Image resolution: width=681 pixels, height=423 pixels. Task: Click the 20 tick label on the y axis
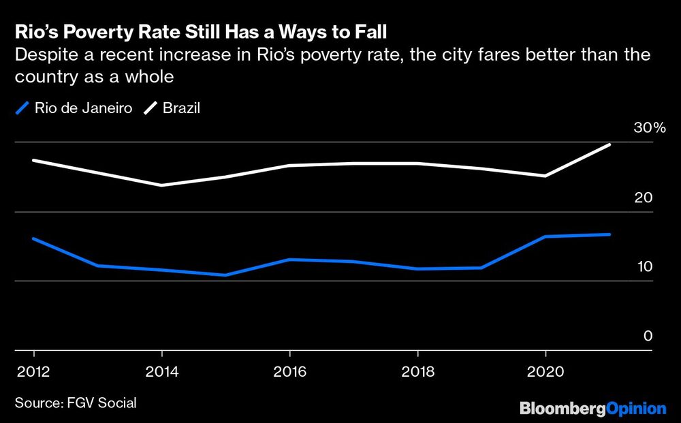pyautogui.click(x=644, y=198)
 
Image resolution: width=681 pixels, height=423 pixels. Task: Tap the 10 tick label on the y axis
pyautogui.click(x=644, y=266)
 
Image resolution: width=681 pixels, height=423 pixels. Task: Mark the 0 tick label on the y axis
pyautogui.click(x=647, y=336)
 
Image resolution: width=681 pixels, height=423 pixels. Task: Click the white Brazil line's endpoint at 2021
pyautogui.click(x=609, y=144)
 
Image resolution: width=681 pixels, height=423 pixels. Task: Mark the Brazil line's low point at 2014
pyautogui.click(x=161, y=185)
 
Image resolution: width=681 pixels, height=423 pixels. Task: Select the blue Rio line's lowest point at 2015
pyautogui.click(x=225, y=275)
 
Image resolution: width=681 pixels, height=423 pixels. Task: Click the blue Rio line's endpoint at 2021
pyautogui.click(x=609, y=234)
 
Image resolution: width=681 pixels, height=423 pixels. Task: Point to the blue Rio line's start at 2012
pyautogui.click(x=33, y=238)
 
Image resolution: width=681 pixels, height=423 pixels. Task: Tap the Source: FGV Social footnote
pyautogui.click(x=76, y=403)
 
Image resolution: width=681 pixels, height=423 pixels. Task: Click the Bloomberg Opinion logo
pyautogui.click(x=592, y=408)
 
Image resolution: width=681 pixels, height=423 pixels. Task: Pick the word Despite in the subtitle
pyautogui.click(x=44, y=55)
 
